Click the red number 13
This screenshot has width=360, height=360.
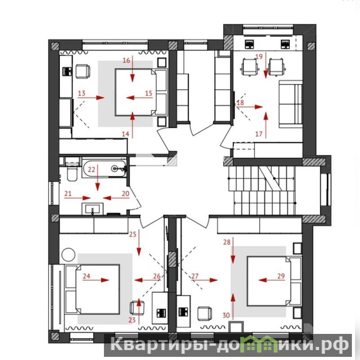pyautogui.click(x=81, y=93)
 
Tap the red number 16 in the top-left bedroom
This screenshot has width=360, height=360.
pyautogui.click(x=126, y=60)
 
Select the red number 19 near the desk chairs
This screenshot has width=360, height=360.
pyautogui.click(x=259, y=57)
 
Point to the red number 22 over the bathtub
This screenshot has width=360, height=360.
pyautogui.click(x=91, y=170)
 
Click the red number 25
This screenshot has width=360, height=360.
pyautogui.click(x=133, y=234)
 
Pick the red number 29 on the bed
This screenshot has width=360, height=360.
pyautogui.click(x=281, y=276)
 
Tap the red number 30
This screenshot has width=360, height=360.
pyautogui.click(x=226, y=315)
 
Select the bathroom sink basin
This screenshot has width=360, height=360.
pyautogui.click(x=93, y=209)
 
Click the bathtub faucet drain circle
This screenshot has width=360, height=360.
pyautogui.click(x=114, y=169)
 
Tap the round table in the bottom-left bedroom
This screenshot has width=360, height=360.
pyautogui.click(x=68, y=254)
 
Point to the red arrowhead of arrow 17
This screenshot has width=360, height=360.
pyautogui.click(x=265, y=116)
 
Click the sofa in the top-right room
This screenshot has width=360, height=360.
pyautogui.click(x=290, y=104)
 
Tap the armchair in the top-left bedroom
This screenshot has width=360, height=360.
pyautogui.click(x=83, y=72)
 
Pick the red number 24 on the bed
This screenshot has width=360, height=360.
pyautogui.click(x=86, y=276)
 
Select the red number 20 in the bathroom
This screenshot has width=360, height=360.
pyautogui.click(x=126, y=193)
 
